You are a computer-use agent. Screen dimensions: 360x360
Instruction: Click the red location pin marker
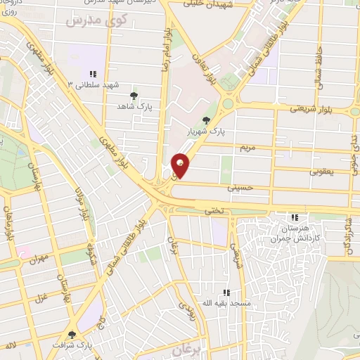click(x=181, y=165)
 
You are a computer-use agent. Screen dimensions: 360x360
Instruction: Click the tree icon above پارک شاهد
click(x=134, y=94)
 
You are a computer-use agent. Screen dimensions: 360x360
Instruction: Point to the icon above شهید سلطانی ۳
click(x=92, y=74)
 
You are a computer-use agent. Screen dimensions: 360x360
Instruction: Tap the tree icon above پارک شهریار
click(x=205, y=120)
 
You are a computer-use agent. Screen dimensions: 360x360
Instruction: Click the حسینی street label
click(x=240, y=188)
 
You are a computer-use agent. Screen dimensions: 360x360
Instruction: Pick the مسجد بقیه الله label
click(x=226, y=303)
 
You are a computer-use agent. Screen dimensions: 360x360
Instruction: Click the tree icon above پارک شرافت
click(x=72, y=335)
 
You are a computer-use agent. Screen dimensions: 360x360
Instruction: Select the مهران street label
click(x=39, y=259)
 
